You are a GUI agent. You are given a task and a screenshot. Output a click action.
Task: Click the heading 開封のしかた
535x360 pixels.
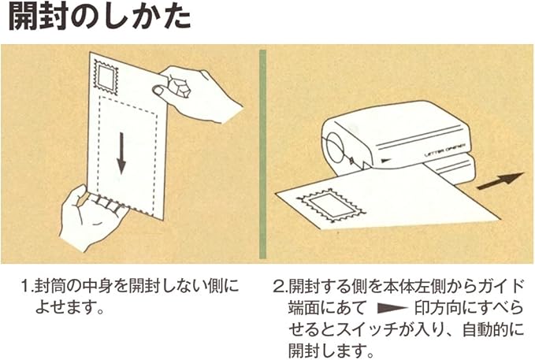[99, 18]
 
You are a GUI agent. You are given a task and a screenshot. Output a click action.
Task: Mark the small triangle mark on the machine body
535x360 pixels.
[386, 158]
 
